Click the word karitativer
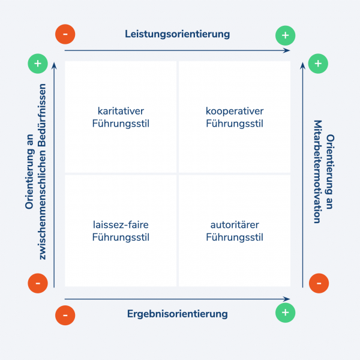point(121,111)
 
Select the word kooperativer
point(235,111)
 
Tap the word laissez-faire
point(121,225)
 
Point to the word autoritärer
point(235,225)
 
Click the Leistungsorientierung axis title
point(177,34)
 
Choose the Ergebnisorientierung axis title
point(177,313)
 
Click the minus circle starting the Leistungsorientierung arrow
point(65,34)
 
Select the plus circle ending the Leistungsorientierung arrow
point(285,35)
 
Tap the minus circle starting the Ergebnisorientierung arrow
point(65,314)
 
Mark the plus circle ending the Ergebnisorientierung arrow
point(285,313)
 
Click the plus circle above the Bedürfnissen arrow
point(38,63)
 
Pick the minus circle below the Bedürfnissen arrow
point(38,283)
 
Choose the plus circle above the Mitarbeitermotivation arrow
point(318,63)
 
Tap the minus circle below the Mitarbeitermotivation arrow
point(318,283)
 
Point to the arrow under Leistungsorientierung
point(177,50)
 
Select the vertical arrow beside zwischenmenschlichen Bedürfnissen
point(55,174)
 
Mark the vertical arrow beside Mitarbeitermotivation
point(302,174)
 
